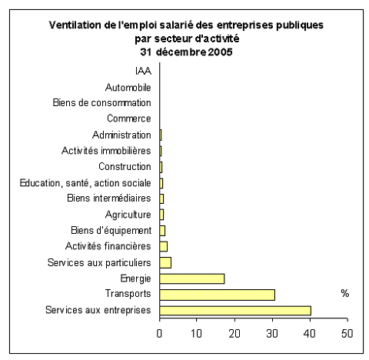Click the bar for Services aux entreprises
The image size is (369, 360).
pos(235,310)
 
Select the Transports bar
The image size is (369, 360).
pos(217,295)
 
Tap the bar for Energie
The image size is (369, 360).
pos(192,278)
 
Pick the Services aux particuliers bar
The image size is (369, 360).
pos(165,263)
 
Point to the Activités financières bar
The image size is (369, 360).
pos(163,247)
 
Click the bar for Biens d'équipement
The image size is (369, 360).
pos(162,231)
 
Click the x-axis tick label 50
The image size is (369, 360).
pos(347,333)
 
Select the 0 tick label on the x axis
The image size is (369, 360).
pos(159,333)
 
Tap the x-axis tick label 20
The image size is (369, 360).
pos(234,333)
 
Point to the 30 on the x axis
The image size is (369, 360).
pos(272,333)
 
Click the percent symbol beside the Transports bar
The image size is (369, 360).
pos(345,293)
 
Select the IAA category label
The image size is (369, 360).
pos(143,71)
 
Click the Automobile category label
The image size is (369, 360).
pos(128,88)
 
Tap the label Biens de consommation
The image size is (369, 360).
pos(102,102)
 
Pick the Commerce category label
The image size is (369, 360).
pos(129,118)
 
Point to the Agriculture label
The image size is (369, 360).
pos(128,215)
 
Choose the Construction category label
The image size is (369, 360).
pos(125,167)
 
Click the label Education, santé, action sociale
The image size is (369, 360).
pos(85,183)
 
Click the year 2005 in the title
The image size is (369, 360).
pos(220,52)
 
